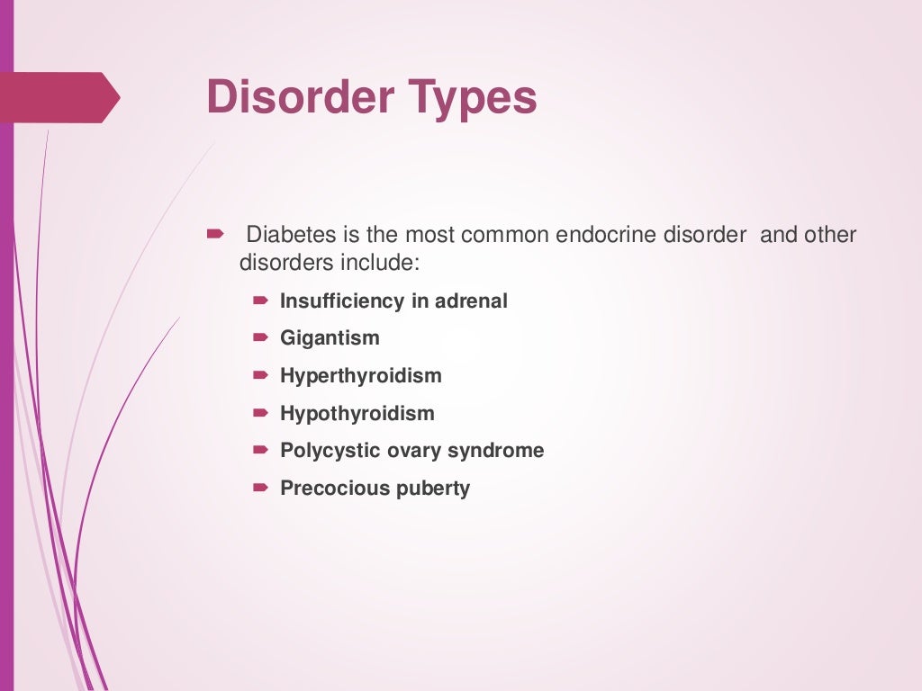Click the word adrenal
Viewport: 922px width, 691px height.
coord(471,301)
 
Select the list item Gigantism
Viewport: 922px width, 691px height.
coord(330,339)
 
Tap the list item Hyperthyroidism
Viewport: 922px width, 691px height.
coord(360,376)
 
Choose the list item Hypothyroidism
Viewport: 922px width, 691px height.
coord(357,414)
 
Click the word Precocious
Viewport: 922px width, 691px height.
coord(326,489)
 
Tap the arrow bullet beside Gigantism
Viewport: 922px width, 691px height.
coord(260,338)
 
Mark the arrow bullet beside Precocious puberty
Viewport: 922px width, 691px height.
coord(260,488)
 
